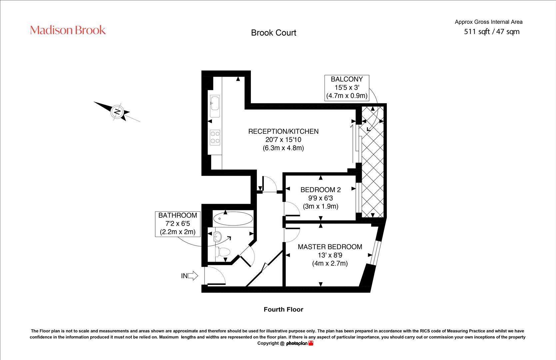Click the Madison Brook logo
68,30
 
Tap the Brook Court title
274,33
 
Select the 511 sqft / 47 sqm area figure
491,32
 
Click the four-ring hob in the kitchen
215,137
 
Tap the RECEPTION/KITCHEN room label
283,131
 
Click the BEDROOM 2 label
320,190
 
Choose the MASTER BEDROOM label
330,247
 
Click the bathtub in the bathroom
233,219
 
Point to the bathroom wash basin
217,237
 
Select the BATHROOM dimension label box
178,224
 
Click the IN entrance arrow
193,276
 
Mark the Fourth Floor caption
283,309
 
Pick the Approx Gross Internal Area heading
488,22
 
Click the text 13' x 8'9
330,255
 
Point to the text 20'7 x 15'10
283,140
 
